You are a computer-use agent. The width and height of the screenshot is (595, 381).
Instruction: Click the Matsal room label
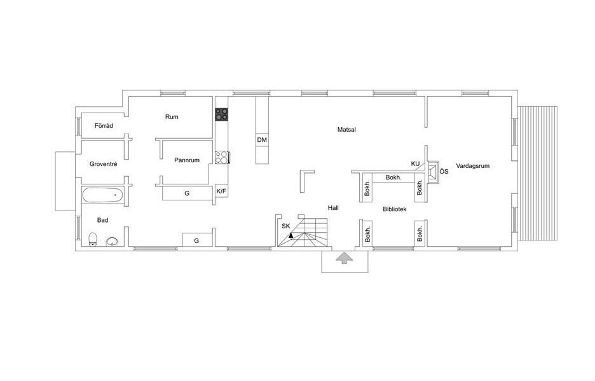[x=346, y=130]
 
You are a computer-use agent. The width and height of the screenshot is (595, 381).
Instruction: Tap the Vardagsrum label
[x=472, y=165]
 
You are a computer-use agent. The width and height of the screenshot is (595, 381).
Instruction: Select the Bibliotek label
[x=395, y=209]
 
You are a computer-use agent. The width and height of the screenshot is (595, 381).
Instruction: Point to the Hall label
[x=333, y=208]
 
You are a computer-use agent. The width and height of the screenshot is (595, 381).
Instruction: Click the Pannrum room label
[x=187, y=160]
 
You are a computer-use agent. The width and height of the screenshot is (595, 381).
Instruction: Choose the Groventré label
[x=103, y=164]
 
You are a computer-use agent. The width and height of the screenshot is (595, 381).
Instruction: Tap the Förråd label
[x=104, y=125]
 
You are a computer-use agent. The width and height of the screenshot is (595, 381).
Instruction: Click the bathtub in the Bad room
[x=102, y=195]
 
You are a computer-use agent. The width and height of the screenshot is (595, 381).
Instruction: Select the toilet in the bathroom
[x=93, y=239]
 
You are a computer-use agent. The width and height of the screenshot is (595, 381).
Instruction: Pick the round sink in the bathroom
[x=112, y=242]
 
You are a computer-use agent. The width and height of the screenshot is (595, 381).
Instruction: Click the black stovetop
[x=222, y=114]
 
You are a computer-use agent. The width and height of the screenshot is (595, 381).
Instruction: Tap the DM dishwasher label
[x=262, y=140]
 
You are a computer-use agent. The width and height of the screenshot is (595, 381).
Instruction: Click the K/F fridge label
[x=221, y=191]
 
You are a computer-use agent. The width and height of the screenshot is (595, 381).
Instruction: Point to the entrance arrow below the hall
[x=344, y=258]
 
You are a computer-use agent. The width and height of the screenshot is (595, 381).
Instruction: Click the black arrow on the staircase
[x=291, y=235]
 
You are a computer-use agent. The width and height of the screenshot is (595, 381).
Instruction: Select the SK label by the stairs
[x=285, y=226]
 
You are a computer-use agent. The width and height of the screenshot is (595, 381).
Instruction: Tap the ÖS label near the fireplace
[x=444, y=171]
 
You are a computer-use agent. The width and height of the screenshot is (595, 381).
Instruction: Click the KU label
[x=415, y=163]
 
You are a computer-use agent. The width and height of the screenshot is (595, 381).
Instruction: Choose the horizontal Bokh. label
[x=393, y=177]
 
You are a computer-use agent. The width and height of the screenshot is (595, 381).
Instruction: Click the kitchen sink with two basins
[x=222, y=157]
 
